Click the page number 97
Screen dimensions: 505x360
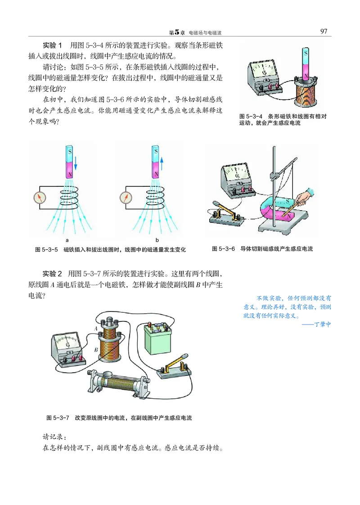point(323,32)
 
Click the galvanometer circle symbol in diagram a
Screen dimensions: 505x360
point(40,197)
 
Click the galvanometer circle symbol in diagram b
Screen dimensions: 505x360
point(126,197)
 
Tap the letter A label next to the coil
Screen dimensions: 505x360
point(96,329)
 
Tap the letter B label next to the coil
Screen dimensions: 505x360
point(96,349)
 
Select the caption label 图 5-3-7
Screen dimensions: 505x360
point(57,418)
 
